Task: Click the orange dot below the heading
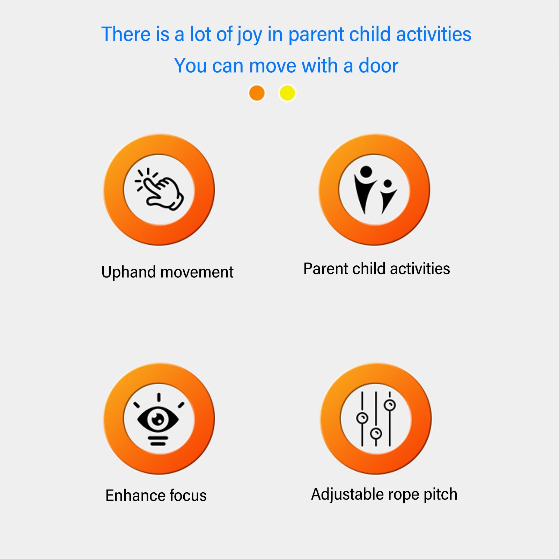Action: (257, 93)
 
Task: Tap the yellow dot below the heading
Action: (287, 93)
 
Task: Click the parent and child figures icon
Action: (375, 190)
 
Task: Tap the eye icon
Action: (159, 419)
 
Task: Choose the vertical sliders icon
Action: (376, 419)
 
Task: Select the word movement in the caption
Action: (197, 272)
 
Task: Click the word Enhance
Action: (135, 495)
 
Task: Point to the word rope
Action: (403, 496)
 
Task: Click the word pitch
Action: (440, 494)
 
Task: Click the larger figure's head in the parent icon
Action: (366, 171)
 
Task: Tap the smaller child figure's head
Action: (388, 183)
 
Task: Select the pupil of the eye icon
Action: (159, 419)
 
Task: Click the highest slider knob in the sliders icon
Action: (390, 405)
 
